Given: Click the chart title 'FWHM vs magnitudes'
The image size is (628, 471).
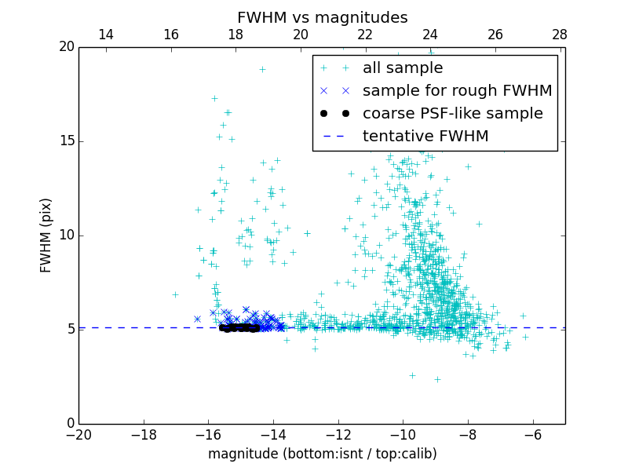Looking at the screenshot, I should click(x=322, y=17).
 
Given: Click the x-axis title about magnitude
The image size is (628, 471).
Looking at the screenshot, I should click(x=322, y=454).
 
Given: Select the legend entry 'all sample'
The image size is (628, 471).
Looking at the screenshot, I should click(x=403, y=68).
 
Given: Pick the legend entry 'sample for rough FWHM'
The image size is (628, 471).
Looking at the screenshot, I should click(x=457, y=90).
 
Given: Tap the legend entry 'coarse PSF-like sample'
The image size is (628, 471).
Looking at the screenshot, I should click(x=452, y=113).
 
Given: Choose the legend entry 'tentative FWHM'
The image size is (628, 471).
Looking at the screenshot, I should click(x=425, y=136).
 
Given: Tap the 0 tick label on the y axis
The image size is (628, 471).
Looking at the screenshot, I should click(x=69, y=424).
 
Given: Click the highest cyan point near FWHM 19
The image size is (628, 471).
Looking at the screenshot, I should click(x=262, y=69).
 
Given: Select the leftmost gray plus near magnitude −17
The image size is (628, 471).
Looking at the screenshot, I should click(x=175, y=294).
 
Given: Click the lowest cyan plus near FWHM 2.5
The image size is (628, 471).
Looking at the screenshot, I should click(x=412, y=375).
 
